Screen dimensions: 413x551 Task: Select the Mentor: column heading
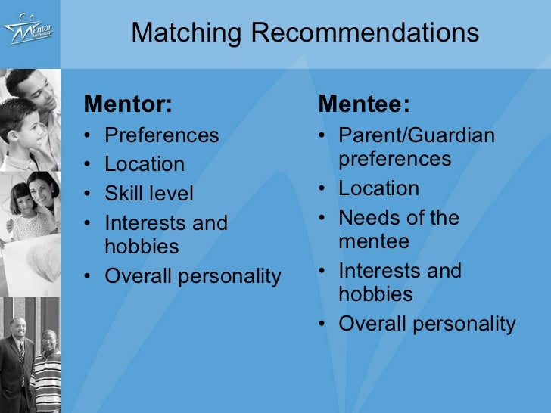pos(129,104)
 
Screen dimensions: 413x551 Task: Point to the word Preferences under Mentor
pos(161,135)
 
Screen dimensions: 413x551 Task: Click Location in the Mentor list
pos(145,164)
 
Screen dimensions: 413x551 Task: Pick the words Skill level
pos(149,194)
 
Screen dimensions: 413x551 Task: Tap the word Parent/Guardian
pos(417,135)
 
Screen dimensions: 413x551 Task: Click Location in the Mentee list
pos(378,188)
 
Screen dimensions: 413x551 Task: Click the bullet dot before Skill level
pos(90,194)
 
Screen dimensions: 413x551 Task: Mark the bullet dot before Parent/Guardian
pos(323,136)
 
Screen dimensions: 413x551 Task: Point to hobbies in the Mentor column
pos(142,247)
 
